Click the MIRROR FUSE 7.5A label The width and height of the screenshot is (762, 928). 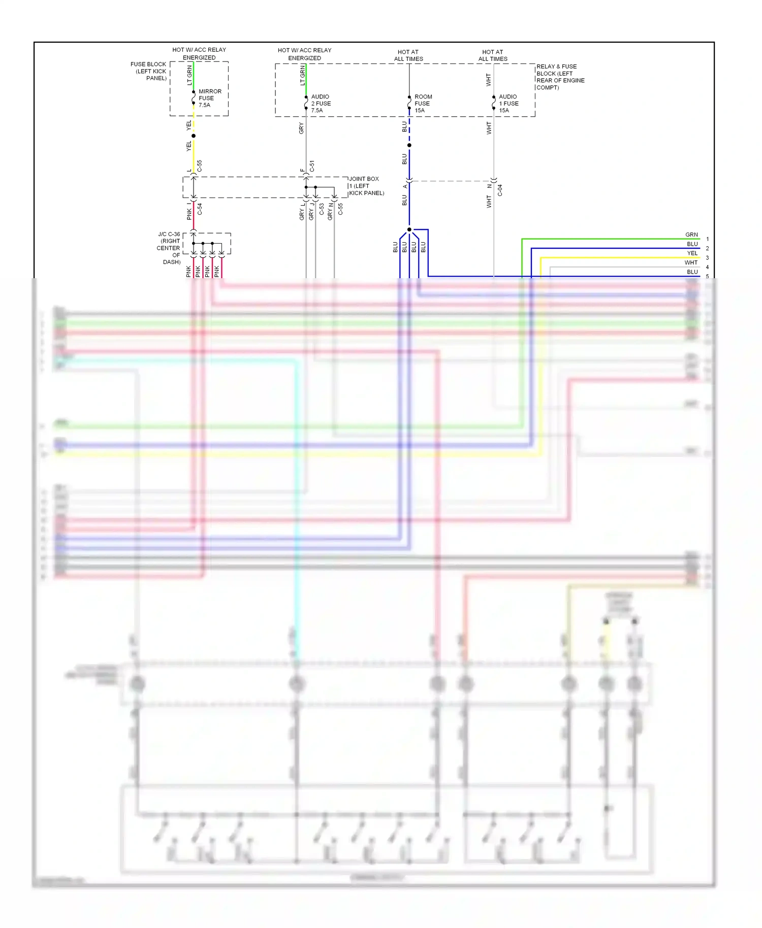pyautogui.click(x=209, y=98)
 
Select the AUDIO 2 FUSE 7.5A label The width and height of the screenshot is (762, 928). pyautogui.click(x=321, y=104)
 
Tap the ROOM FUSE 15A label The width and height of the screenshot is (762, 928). pyautogui.click(x=423, y=104)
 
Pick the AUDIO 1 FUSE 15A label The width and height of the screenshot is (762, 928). pyautogui.click(x=508, y=104)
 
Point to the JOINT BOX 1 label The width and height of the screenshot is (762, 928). pyautogui.click(x=366, y=186)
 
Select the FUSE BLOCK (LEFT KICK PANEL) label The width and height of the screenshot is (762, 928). pyautogui.click(x=149, y=71)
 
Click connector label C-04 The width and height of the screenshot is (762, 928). pyautogui.click(x=500, y=190)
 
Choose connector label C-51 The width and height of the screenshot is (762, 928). pyautogui.click(x=312, y=166)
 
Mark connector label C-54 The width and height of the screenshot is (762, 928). pyautogui.click(x=200, y=209)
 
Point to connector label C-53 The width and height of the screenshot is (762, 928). pyautogui.click(x=322, y=209)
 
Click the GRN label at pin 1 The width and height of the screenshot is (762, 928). pyautogui.click(x=691, y=235)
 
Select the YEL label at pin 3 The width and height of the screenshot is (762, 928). pyautogui.click(x=692, y=253)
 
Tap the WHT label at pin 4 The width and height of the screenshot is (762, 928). pyautogui.click(x=691, y=262)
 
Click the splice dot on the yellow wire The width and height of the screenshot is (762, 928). pyautogui.click(x=194, y=136)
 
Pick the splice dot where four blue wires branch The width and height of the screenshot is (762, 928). pyautogui.click(x=409, y=229)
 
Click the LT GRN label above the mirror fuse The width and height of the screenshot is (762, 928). pyautogui.click(x=189, y=75)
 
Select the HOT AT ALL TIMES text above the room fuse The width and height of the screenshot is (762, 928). pyautogui.click(x=408, y=55)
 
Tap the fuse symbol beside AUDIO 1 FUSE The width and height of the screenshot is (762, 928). pyautogui.click(x=494, y=103)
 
